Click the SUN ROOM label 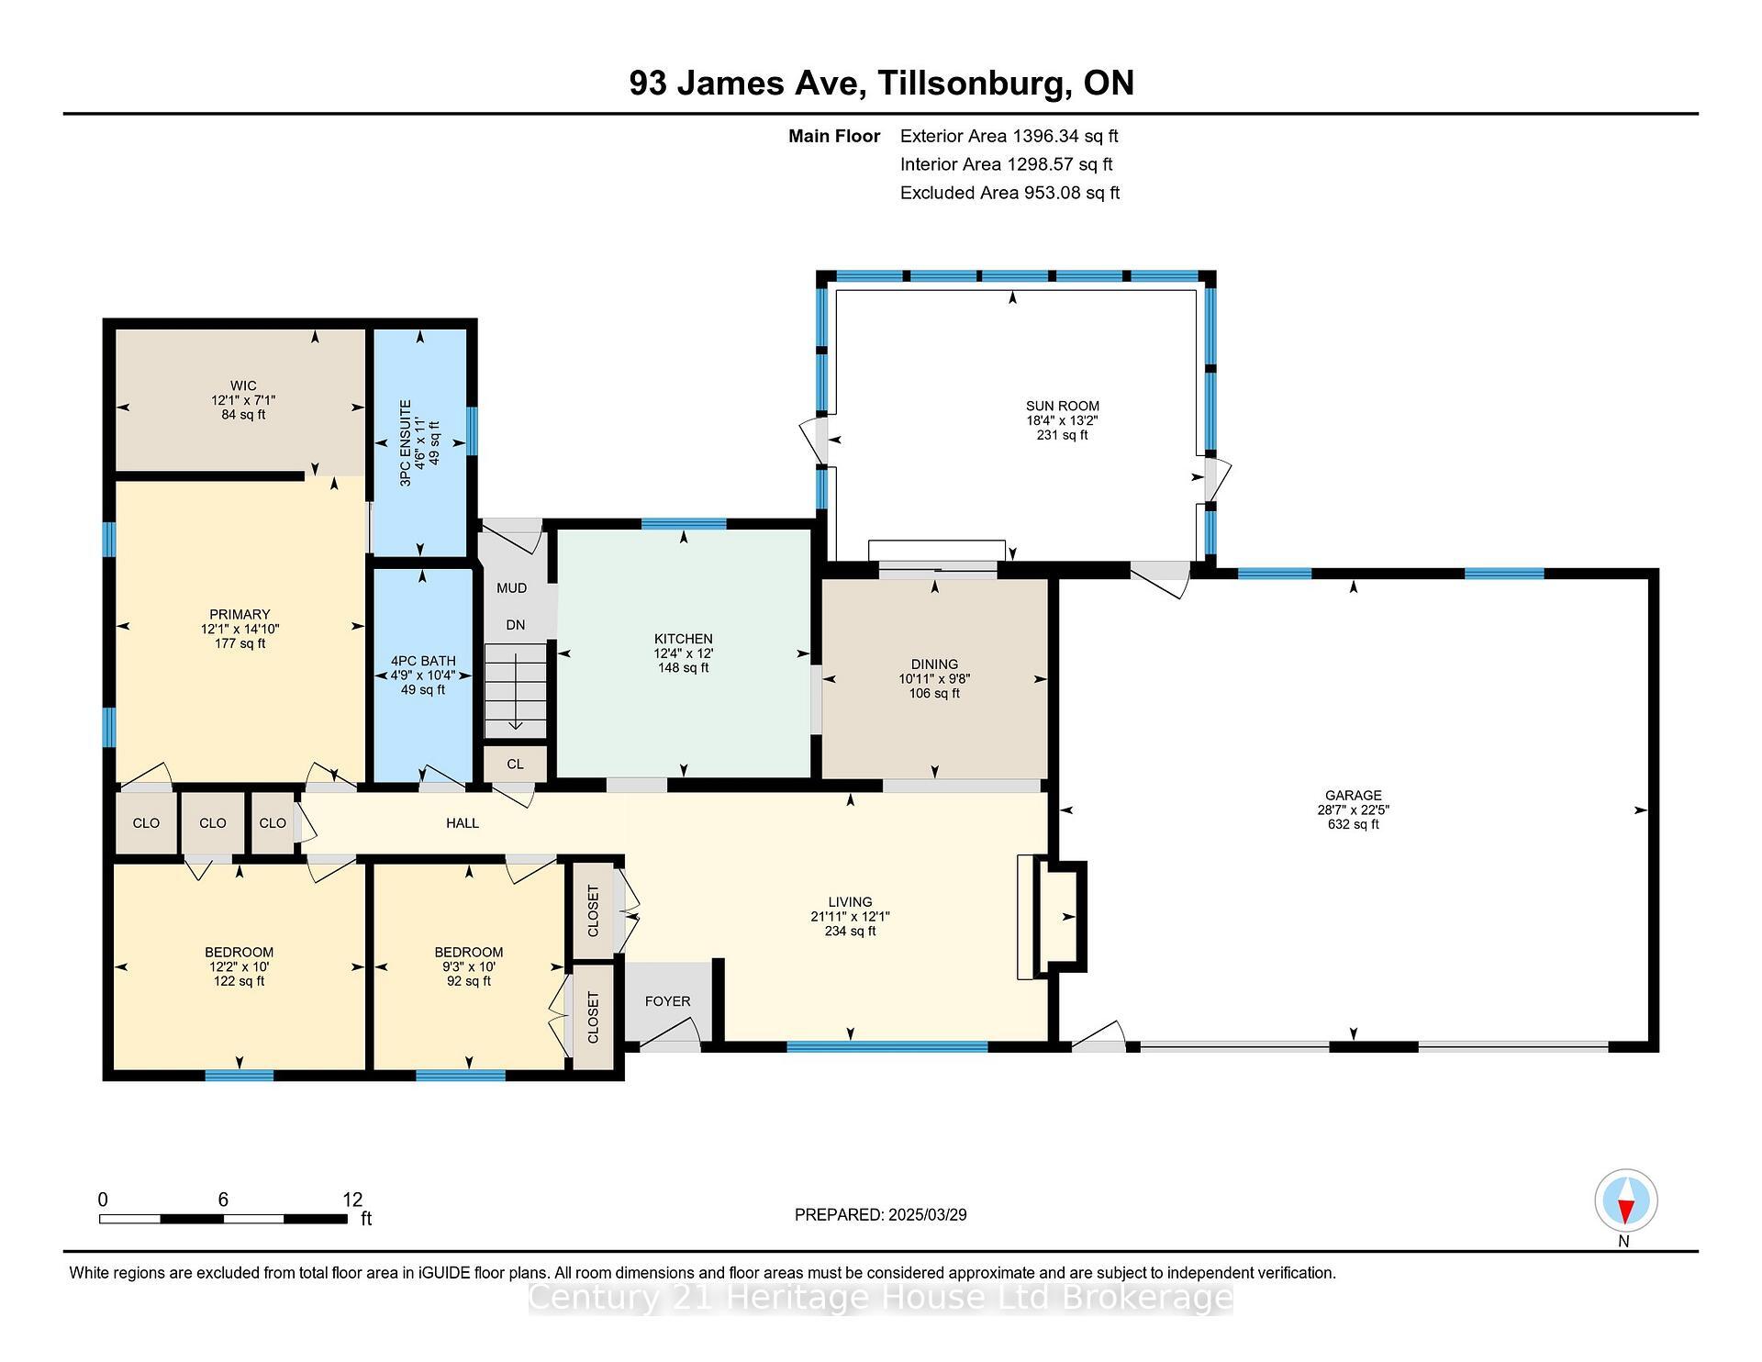pos(1062,406)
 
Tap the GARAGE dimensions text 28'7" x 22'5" pos(1353,809)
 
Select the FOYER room pos(667,1001)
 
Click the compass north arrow pos(1625,1201)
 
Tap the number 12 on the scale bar pos(352,1200)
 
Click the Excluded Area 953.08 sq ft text pos(1009,193)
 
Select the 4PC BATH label pos(423,661)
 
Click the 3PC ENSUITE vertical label pos(406,442)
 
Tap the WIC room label pos(243,385)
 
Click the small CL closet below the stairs pos(515,764)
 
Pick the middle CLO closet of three pos(212,823)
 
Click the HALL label pos(463,823)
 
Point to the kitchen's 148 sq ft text pos(683,668)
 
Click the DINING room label pos(934,664)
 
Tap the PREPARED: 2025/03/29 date pos(880,1214)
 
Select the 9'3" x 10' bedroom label pos(469,966)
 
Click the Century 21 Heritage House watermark pos(880,1298)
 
